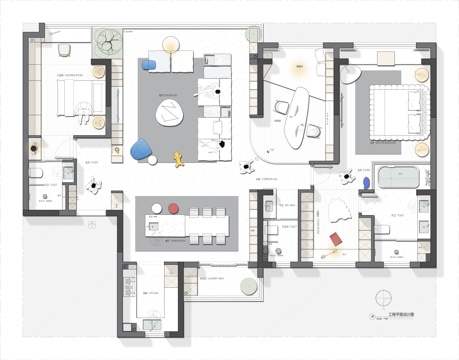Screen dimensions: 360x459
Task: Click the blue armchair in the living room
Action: point(141,150)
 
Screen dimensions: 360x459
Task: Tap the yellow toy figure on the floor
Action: point(181,157)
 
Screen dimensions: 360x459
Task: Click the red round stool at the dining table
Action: point(172,210)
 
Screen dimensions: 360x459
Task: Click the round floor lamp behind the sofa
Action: point(171,44)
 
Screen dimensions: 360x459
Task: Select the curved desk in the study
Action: point(296,110)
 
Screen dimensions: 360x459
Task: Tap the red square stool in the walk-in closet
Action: point(337,239)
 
